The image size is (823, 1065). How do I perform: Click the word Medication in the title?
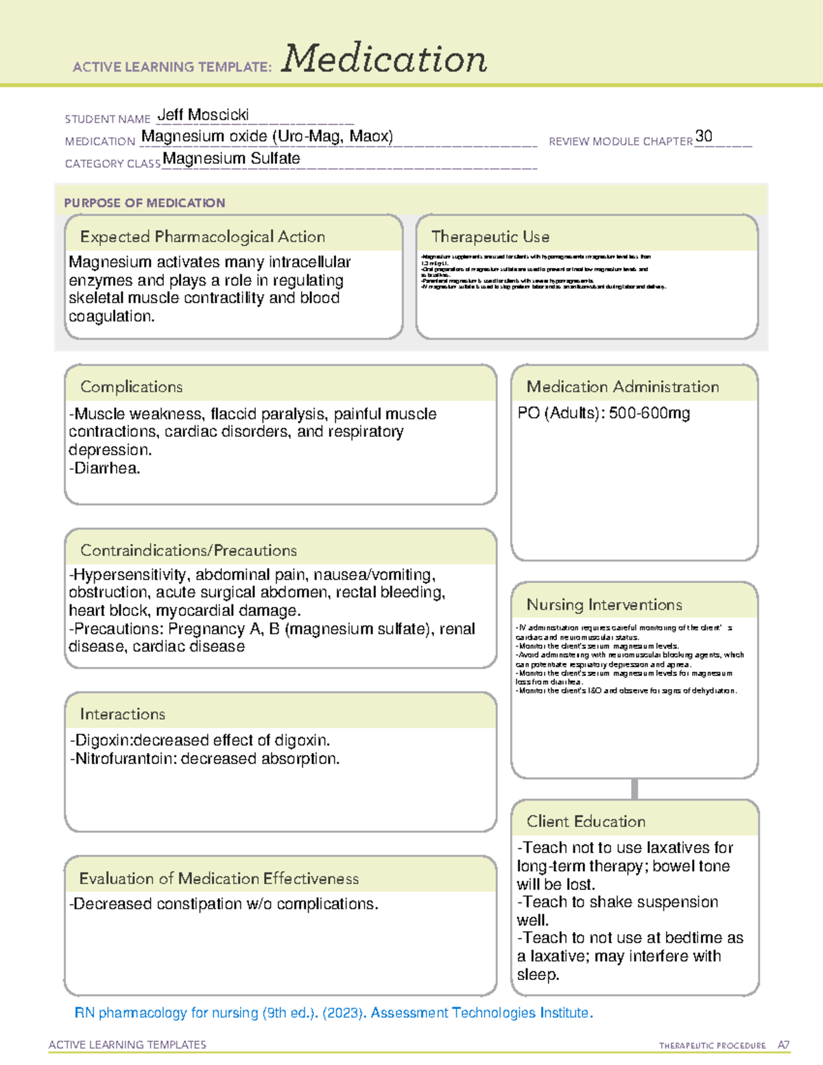(x=384, y=59)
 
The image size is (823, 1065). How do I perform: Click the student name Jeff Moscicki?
(x=203, y=115)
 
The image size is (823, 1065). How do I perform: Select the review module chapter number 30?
(x=704, y=136)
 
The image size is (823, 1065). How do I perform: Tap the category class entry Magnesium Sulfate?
(x=231, y=158)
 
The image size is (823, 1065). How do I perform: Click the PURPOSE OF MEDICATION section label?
(x=145, y=203)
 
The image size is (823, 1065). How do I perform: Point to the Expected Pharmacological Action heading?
(x=202, y=237)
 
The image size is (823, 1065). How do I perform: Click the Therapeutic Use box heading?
(x=490, y=237)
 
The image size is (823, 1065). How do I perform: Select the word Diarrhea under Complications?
(x=106, y=468)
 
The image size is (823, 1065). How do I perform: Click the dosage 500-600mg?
(x=649, y=413)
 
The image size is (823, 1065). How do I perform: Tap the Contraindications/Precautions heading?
(x=189, y=550)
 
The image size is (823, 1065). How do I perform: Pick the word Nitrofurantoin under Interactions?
(x=117, y=758)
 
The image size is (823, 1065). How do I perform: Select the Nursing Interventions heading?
(x=604, y=604)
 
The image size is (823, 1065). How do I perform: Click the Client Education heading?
(x=586, y=821)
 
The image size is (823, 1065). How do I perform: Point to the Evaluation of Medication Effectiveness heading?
(x=219, y=878)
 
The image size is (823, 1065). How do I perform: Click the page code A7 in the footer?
(x=783, y=1045)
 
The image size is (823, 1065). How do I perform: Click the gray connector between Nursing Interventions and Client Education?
(x=634, y=789)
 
